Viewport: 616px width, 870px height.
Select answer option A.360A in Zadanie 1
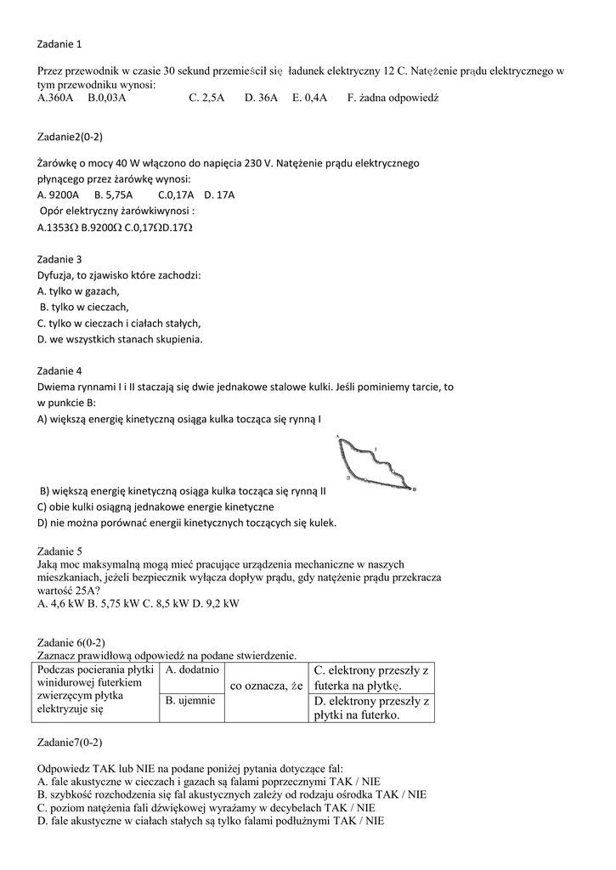[x=56, y=99]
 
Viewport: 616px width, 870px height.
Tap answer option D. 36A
[x=261, y=99]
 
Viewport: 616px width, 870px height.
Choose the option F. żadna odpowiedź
[x=393, y=99]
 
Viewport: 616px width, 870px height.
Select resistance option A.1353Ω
[x=58, y=228]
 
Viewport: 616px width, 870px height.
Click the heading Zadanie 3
[x=59, y=259]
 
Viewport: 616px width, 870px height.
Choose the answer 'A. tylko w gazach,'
[x=78, y=291]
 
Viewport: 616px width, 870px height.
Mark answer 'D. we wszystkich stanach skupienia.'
[x=120, y=339]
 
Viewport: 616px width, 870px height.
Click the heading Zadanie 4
[x=59, y=371]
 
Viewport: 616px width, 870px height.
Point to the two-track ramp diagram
[x=375, y=463]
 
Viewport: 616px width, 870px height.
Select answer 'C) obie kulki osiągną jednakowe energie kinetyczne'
[x=155, y=507]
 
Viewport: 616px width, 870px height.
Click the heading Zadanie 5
[x=59, y=551]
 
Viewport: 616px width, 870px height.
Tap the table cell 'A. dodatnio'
[x=192, y=670]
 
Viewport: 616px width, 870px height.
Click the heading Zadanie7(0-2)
[x=71, y=742]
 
